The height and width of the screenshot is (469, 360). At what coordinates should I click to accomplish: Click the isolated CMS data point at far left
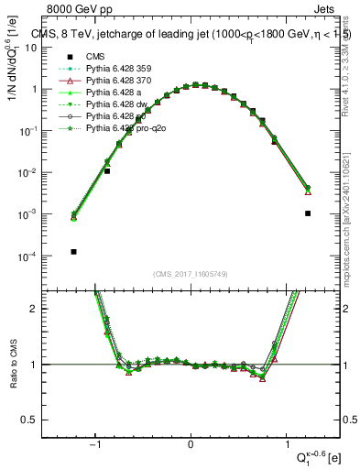point(73,251)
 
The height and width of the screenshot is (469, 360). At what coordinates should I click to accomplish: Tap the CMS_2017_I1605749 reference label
point(190,275)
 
